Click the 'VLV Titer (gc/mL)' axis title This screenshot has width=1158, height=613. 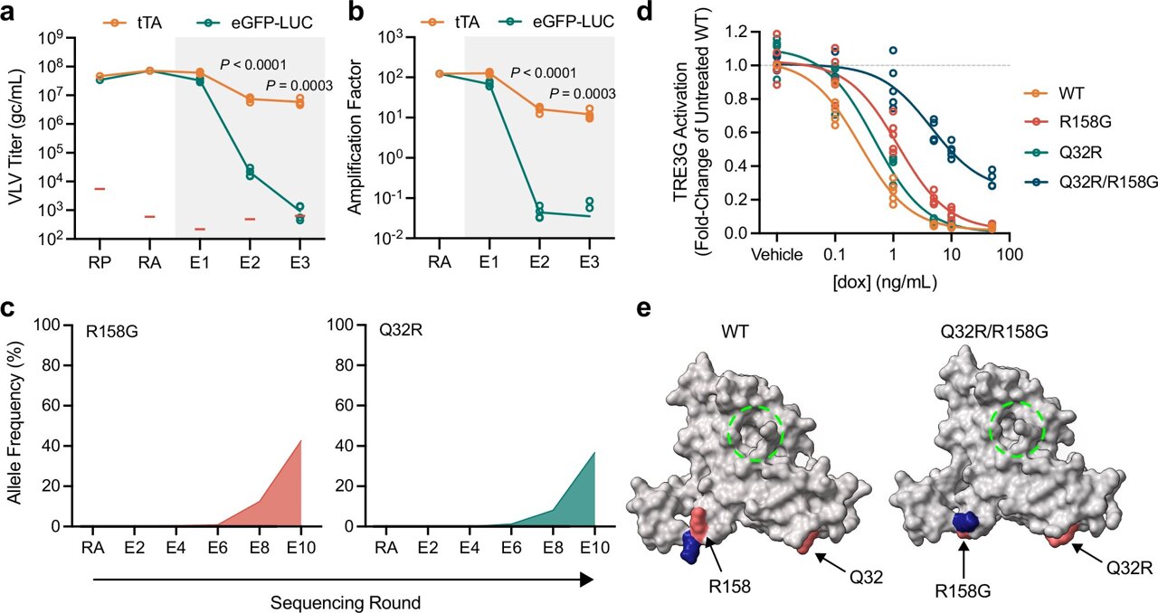tap(14, 143)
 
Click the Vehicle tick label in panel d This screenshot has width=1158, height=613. tap(777, 254)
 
